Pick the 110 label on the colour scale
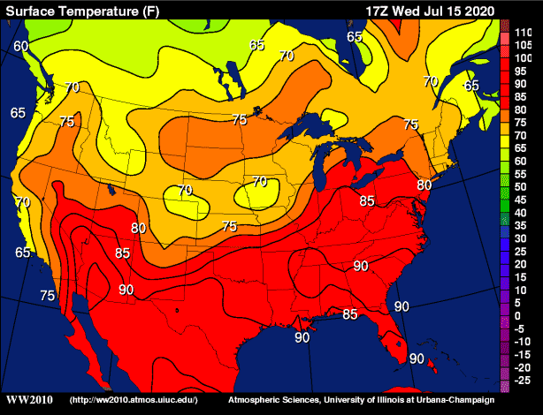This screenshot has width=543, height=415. pos(523,32)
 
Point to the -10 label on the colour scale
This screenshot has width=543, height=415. pos(523,341)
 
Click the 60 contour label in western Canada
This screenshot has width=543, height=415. pos(21,46)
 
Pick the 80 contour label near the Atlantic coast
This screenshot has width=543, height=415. pos(424,185)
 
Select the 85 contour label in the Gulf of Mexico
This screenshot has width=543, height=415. pos(350,314)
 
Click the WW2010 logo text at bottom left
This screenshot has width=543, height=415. pos(29,400)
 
